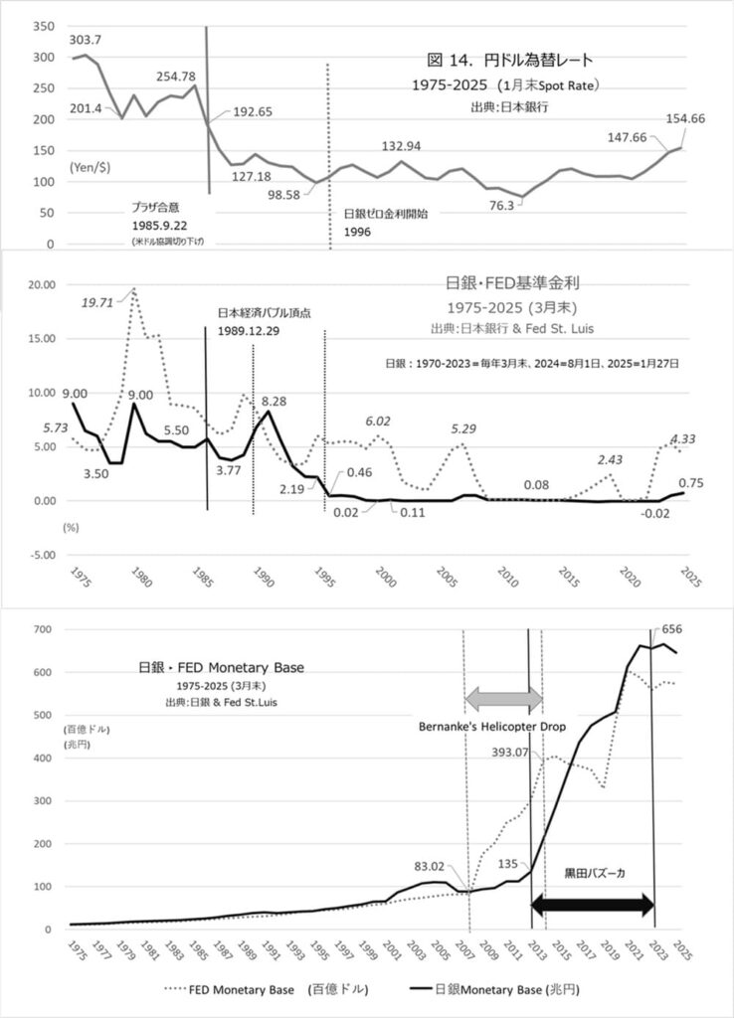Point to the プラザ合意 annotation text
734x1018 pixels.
coord(158,209)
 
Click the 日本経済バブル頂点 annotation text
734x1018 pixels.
coord(266,311)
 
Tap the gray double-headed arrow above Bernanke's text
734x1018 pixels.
coord(504,698)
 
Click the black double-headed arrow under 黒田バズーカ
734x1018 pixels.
coord(593,905)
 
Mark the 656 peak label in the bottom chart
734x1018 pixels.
coord(674,628)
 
